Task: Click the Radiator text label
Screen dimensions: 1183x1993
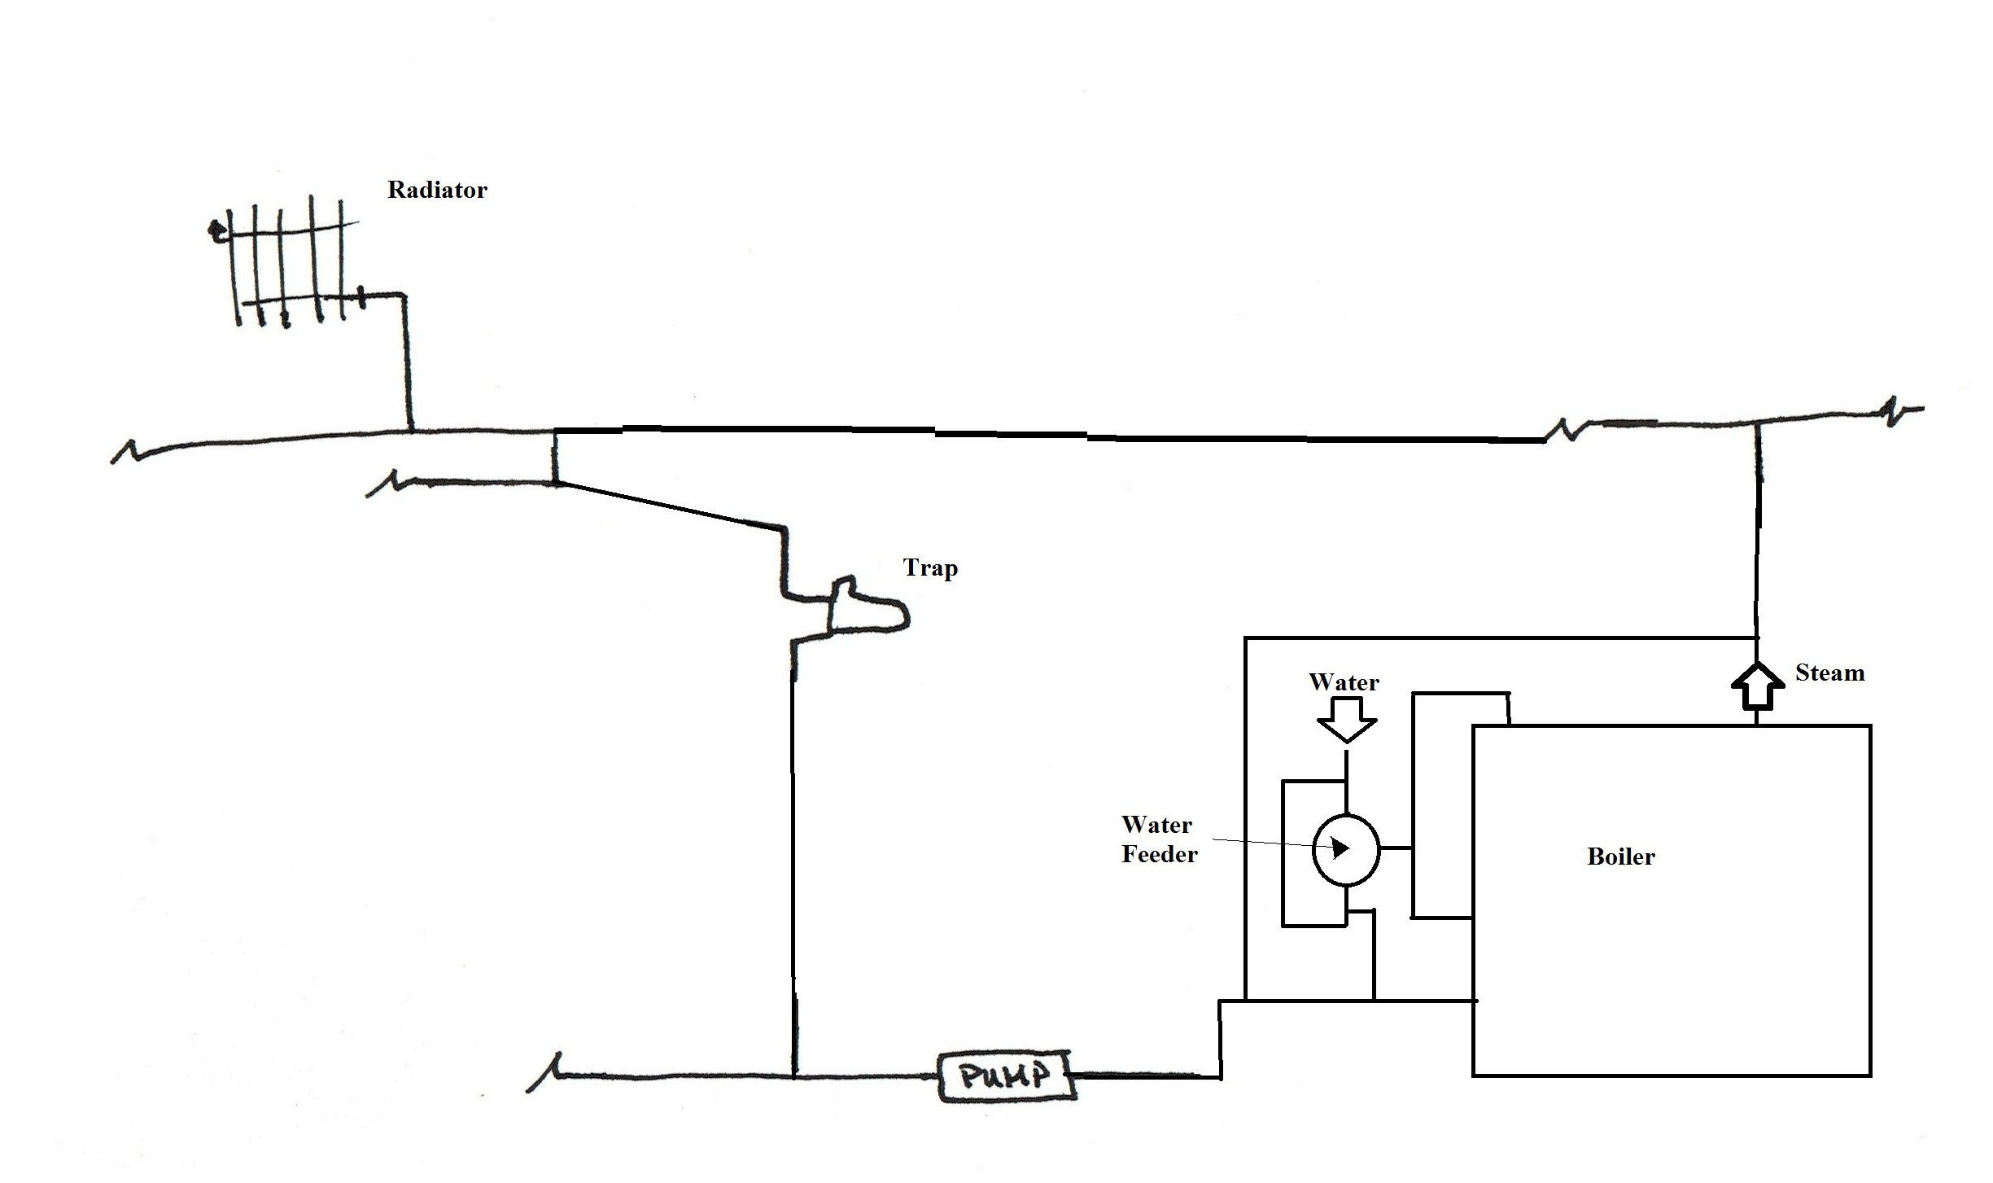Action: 437,190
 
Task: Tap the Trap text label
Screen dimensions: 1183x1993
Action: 930,567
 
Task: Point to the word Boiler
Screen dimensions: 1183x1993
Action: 1620,857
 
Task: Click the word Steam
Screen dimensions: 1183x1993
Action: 1829,673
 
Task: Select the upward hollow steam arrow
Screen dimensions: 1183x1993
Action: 1757,686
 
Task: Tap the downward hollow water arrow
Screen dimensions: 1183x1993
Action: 1347,721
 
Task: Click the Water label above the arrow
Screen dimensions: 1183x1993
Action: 1344,682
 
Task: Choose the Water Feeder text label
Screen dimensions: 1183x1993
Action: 1159,839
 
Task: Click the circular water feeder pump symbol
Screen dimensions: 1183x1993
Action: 1346,849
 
